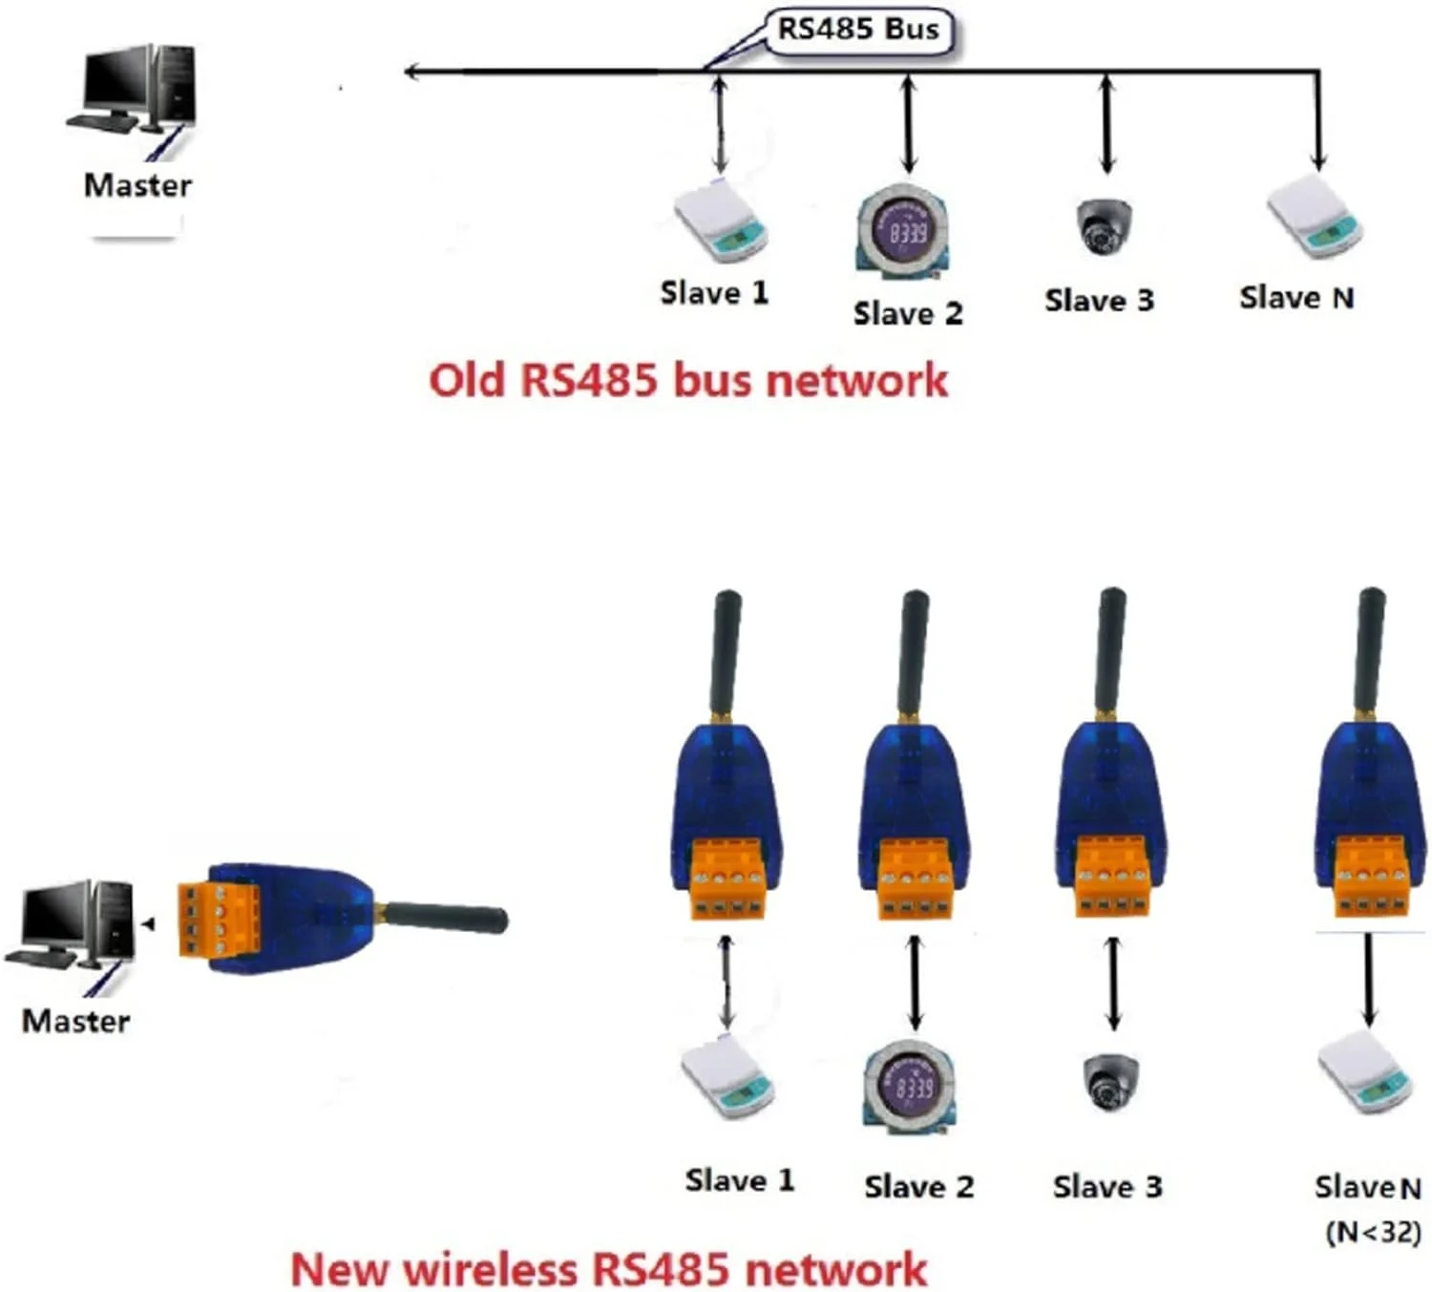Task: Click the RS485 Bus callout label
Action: click(x=858, y=30)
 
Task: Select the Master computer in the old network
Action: click(x=136, y=91)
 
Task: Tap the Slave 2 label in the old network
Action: click(x=907, y=313)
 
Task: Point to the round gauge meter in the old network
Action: click(x=902, y=231)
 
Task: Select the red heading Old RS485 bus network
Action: click(x=687, y=380)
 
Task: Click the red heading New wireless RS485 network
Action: click(x=608, y=1269)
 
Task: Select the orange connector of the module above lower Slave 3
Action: click(x=1112, y=879)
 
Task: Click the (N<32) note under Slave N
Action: click(x=1373, y=1232)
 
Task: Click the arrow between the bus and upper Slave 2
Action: click(x=909, y=125)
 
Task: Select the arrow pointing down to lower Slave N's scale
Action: click(x=1369, y=979)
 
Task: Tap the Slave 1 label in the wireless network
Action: click(x=740, y=1180)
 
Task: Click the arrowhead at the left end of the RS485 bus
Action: click(x=412, y=72)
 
